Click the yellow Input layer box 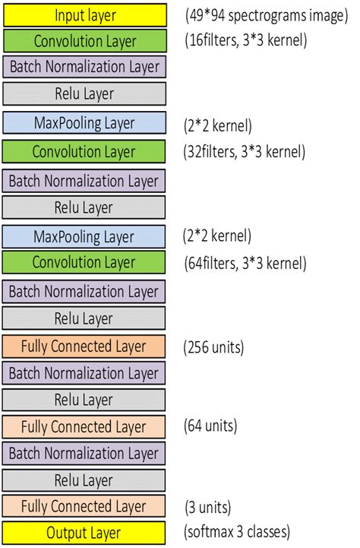84,14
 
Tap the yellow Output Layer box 84,533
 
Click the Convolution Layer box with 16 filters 84,40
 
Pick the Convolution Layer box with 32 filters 84,152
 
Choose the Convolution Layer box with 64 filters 84,263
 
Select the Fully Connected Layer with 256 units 84,346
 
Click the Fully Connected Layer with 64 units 84,426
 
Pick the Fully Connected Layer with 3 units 84,506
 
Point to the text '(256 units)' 213,348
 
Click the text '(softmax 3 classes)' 237,531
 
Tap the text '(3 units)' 209,507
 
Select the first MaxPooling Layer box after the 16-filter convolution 84,122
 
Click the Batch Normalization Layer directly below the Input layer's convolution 84,67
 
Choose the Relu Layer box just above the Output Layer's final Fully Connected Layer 84,480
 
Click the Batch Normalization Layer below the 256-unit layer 84,373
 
